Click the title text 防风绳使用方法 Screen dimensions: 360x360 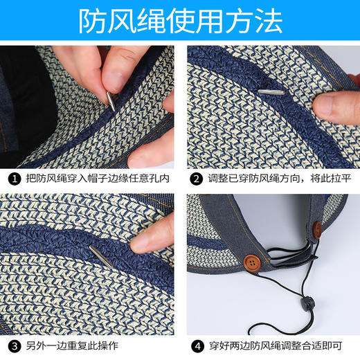180,21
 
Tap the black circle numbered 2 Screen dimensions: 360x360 196,178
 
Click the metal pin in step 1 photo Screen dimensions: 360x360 110,100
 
